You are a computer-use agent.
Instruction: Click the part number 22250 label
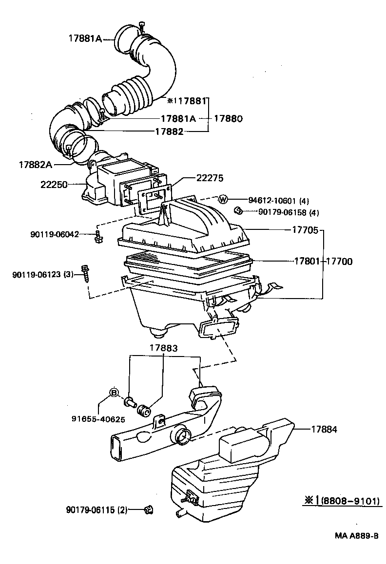point(55,185)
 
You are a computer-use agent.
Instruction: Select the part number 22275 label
point(210,178)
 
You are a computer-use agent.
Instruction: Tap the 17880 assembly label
point(228,118)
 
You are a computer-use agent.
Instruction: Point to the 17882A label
point(35,165)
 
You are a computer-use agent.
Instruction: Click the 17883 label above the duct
point(163,348)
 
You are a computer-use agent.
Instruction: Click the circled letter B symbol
point(114,393)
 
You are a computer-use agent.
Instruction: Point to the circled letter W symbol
point(223,199)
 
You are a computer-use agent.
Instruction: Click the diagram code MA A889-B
point(356,535)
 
